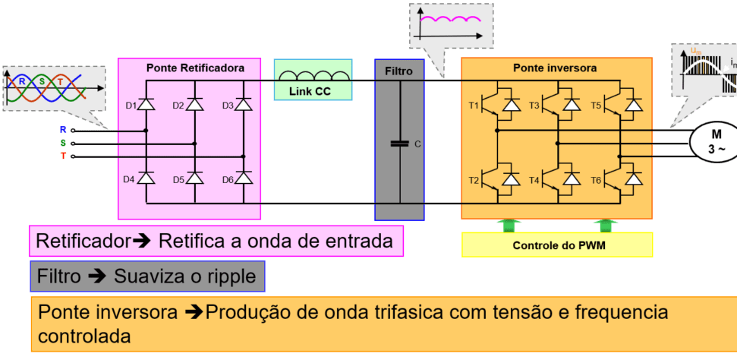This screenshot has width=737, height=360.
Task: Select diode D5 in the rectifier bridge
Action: [195, 178]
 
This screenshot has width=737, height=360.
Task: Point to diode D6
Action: [244, 178]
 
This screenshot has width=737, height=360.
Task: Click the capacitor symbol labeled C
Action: [399, 143]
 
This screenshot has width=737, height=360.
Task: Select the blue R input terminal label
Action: [63, 130]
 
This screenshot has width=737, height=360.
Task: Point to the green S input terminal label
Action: [63, 143]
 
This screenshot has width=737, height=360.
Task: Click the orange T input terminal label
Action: [63, 156]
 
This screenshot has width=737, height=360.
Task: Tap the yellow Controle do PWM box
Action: [556, 245]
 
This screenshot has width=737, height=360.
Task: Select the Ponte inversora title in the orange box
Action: [555, 68]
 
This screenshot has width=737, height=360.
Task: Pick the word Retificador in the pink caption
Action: [83, 242]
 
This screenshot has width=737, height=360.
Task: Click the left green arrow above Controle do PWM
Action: [506, 224]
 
